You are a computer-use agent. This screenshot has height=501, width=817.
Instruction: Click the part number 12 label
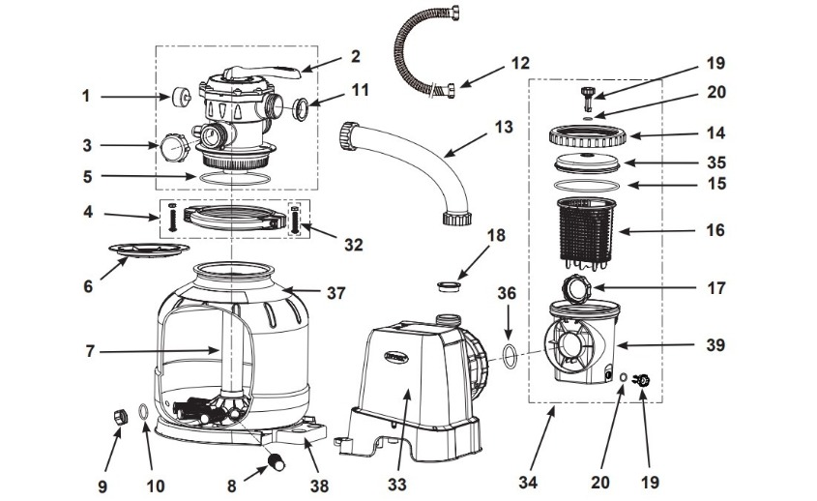(520, 65)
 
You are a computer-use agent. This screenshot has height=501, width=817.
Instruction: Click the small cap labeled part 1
(179, 97)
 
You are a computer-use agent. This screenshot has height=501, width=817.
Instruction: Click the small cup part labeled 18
(448, 285)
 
